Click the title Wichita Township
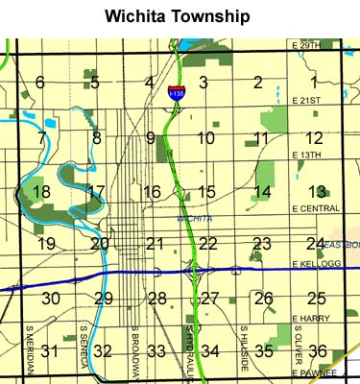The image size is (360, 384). [180, 17]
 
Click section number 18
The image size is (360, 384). [41, 192]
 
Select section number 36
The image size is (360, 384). [318, 351]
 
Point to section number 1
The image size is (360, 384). [314, 83]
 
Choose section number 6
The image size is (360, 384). [40, 83]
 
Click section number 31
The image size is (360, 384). [50, 351]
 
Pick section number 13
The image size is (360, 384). [318, 192]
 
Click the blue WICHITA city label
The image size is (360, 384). [195, 219]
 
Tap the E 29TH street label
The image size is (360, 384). [304, 46]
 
